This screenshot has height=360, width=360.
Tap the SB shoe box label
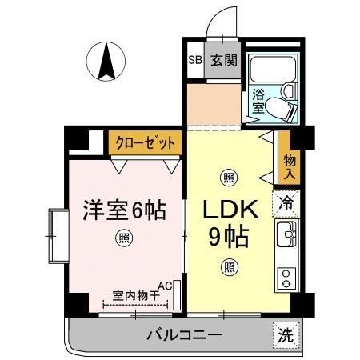click(x=194, y=60)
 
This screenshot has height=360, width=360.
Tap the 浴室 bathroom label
click(x=258, y=102)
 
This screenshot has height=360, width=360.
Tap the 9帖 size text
click(x=229, y=237)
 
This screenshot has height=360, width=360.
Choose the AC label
click(x=166, y=285)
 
